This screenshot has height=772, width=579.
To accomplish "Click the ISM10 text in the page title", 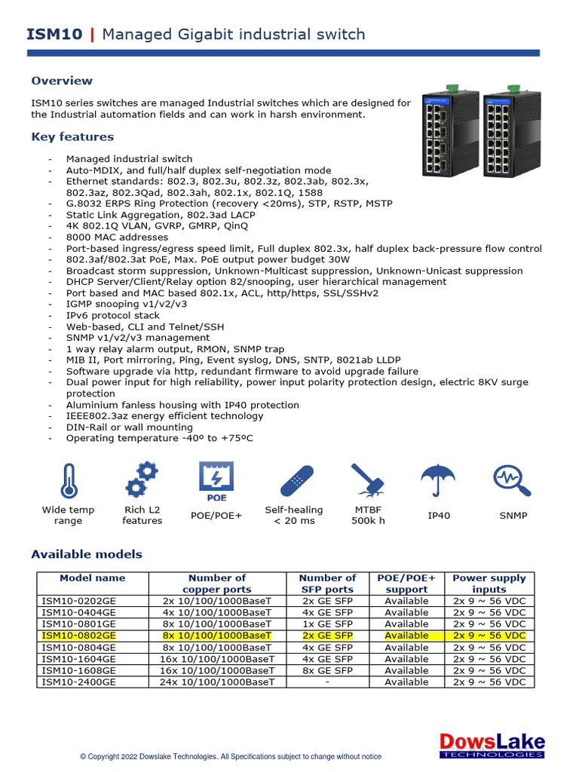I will click(x=55, y=34).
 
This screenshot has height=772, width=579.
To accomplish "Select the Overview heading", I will click(x=62, y=81).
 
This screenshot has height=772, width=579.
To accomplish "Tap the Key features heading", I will click(x=72, y=136).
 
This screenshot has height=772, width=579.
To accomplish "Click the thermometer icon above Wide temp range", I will click(x=68, y=480).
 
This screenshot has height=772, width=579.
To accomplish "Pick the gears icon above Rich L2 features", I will click(x=142, y=480).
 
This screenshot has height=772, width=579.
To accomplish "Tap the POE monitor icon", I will click(x=217, y=480).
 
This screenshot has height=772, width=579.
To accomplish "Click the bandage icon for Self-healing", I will click(x=293, y=480).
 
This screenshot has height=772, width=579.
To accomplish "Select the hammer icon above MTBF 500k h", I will click(x=368, y=480).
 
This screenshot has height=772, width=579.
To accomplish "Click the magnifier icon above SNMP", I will click(x=513, y=479).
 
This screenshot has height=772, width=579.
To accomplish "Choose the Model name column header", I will click(x=93, y=578).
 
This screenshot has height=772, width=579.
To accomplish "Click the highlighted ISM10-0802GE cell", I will click(x=79, y=636).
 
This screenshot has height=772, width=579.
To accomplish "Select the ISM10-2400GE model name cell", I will click(x=79, y=682).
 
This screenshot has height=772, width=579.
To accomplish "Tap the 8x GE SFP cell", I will click(x=327, y=670).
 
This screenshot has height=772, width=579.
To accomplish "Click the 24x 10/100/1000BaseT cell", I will click(x=217, y=682).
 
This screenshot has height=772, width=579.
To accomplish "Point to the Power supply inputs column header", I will click(x=489, y=584).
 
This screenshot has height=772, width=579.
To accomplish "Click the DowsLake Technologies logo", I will click(x=492, y=745).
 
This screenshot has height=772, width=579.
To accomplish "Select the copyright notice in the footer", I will click(x=231, y=756).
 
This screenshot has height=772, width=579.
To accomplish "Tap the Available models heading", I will click(x=86, y=554).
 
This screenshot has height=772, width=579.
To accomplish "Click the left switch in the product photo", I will click(x=451, y=128).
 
